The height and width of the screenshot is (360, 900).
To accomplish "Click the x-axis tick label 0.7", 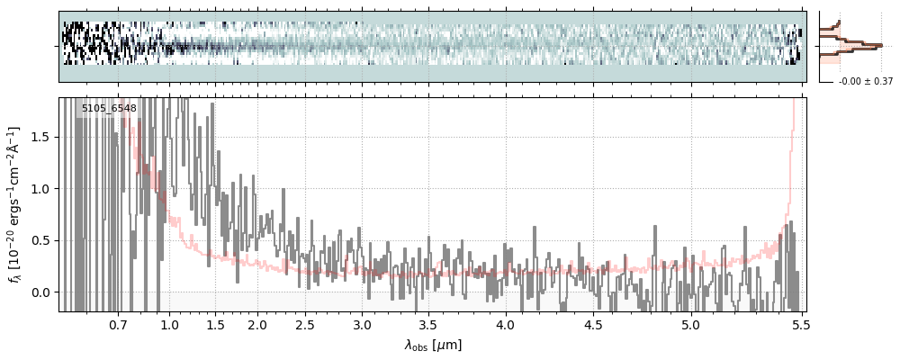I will pyautogui.click(x=118, y=324).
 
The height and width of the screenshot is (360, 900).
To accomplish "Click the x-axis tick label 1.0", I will pyautogui.click(x=169, y=324).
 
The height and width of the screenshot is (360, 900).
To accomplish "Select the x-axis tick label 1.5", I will pyautogui.click(x=216, y=324).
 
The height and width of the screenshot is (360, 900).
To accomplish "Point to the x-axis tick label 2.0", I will pyautogui.click(x=257, y=324).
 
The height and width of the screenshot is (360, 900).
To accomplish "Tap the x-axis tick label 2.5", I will pyautogui.click(x=306, y=324).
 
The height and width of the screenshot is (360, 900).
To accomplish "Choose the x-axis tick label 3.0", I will pyautogui.click(x=362, y=324).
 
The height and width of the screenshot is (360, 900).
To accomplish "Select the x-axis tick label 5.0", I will pyautogui.click(x=690, y=324).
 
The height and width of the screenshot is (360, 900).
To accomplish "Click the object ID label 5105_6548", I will pyautogui.click(x=109, y=109).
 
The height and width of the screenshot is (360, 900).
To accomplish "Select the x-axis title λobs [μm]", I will pyautogui.click(x=433, y=344).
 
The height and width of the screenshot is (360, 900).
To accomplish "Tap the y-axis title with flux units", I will pyautogui.click(x=15, y=204).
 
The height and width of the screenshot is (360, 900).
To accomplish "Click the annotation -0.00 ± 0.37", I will pyautogui.click(x=865, y=82).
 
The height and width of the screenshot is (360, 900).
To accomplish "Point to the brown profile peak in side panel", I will pyautogui.click(x=880, y=44).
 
